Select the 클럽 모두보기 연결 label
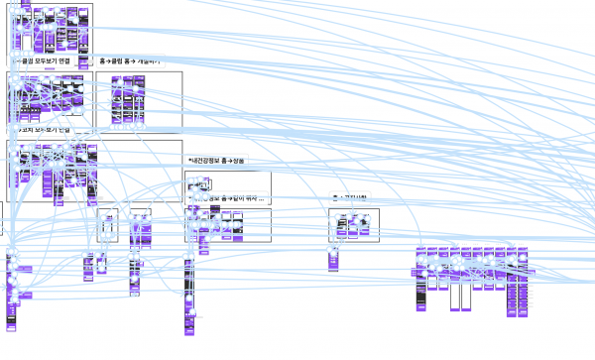tap(44, 61)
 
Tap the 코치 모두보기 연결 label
tap(44, 130)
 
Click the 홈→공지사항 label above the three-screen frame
tap(353, 198)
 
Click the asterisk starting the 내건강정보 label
tap(189, 161)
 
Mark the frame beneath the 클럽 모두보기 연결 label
tap(50, 99)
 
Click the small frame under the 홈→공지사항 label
tap(354, 225)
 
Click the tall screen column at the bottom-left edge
tap(13, 293)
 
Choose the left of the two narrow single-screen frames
tap(107, 226)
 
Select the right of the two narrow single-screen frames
tap(140, 226)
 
